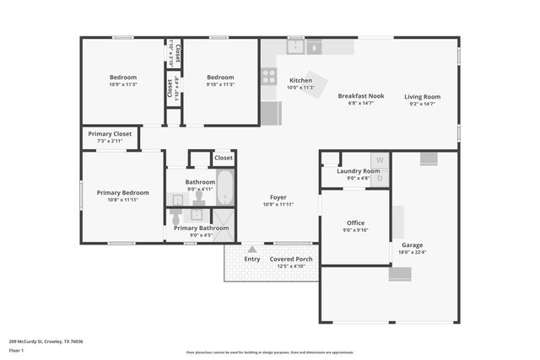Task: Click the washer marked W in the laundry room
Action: coord(380,160)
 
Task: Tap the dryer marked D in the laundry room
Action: coord(380,178)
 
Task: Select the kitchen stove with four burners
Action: coord(269,76)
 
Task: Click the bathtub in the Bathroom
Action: coord(224,188)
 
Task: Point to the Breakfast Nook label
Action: coord(360,96)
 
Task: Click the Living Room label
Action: coord(422,96)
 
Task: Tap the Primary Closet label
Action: coord(111,133)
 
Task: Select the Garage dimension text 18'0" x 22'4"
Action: coord(413,251)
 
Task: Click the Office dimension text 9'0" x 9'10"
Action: coord(355,230)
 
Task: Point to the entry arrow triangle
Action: coord(251,249)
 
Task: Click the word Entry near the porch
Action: coord(252,259)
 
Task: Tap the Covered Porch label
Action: coord(291,259)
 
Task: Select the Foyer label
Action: coord(278,197)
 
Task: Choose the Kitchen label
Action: coord(300,80)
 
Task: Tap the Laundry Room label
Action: coord(359,171)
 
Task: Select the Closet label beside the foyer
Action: coord(224,158)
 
